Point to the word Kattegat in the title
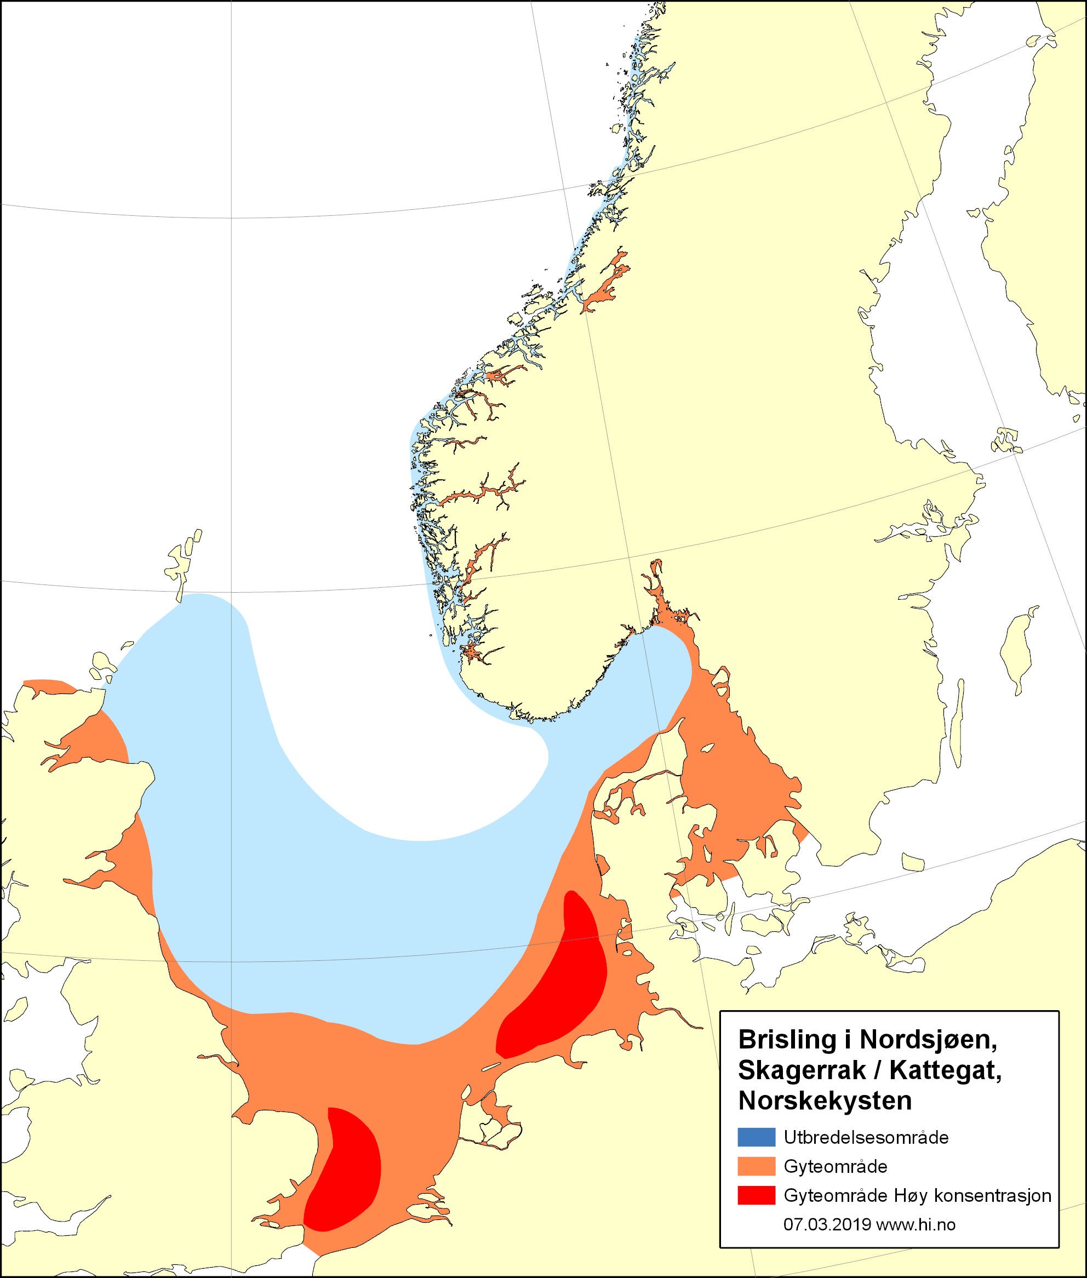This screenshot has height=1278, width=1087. click(949, 1070)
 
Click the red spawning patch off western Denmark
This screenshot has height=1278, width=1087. click(558, 986)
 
